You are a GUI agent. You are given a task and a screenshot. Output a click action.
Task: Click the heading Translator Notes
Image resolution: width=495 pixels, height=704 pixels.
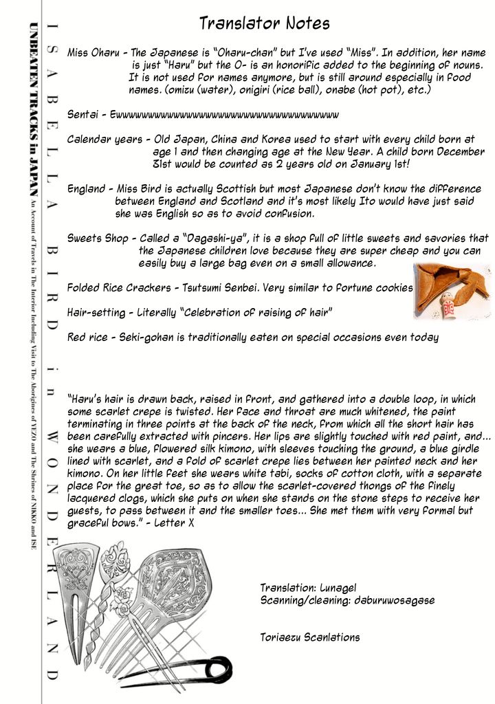(265, 24)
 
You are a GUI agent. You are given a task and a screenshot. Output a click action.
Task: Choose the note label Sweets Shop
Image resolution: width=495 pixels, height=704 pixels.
(98, 238)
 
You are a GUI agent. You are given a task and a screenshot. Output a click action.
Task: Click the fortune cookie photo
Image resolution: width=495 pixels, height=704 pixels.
(452, 291)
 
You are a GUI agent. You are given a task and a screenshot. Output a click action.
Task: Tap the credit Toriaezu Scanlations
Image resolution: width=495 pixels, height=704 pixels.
(310, 637)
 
